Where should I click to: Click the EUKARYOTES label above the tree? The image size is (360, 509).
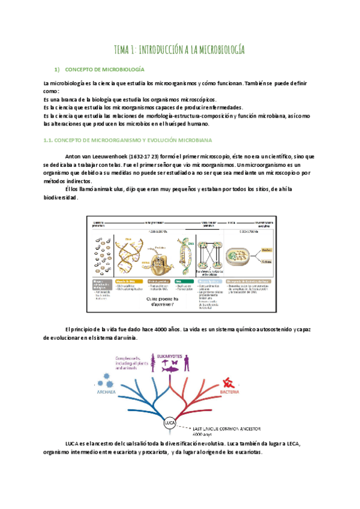pyautogui.click(x=172, y=356)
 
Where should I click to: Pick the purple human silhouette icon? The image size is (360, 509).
pyautogui.click(x=187, y=364)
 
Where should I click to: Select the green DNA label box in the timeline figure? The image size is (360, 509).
pyautogui.click(x=178, y=280)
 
